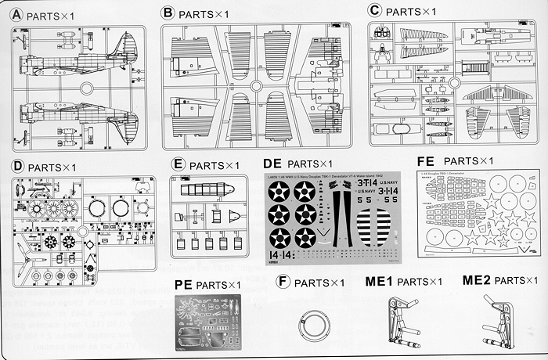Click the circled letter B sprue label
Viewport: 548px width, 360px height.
pos(167,13)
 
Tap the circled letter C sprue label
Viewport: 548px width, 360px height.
pos(375,10)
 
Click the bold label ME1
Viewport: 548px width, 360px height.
pos(379,280)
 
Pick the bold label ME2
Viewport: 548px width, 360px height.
pos(478,279)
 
